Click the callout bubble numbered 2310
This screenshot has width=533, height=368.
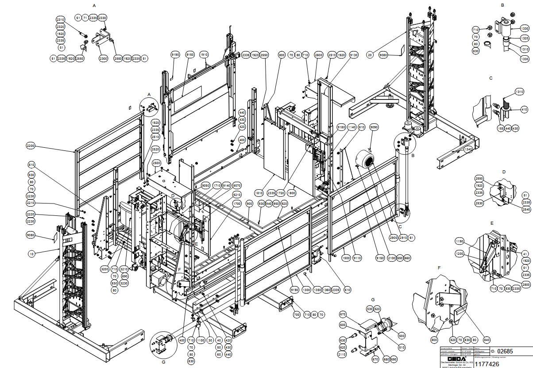(x=61, y=19)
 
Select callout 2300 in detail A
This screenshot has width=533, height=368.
(x=103, y=58)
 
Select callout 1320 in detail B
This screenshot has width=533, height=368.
(x=525, y=38)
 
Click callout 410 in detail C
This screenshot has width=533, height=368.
(x=524, y=110)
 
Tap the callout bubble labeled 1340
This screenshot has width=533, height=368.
(x=468, y=150)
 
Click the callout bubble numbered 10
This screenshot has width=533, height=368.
(x=31, y=254)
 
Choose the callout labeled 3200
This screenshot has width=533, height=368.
(x=104, y=268)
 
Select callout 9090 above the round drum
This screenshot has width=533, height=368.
(x=374, y=127)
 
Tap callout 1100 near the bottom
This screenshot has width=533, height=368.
(x=201, y=340)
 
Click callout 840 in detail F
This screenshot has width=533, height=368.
(x=487, y=340)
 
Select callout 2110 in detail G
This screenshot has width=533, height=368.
(x=342, y=355)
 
